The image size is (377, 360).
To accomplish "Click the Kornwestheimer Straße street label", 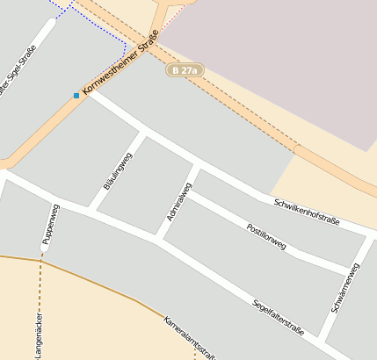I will pyautogui.click(x=120, y=64).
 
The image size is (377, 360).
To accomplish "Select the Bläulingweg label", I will pyautogui.click(x=116, y=170).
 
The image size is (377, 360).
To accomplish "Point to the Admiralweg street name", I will pyautogui.click(x=178, y=201).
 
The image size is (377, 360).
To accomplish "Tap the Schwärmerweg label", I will pyautogui.click(x=344, y=287).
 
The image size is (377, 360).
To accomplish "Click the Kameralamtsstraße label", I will pyautogui.click(x=189, y=336).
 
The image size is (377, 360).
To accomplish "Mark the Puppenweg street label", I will pyautogui.click(x=49, y=224).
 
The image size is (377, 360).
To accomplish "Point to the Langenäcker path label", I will pyautogui.click(x=37, y=334).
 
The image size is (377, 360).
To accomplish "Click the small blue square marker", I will pyautogui.click(x=76, y=95).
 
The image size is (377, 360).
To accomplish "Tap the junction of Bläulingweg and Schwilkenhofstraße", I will pyautogui.click(x=143, y=133).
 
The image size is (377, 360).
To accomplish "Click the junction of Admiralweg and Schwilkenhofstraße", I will pyautogui.click(x=197, y=164).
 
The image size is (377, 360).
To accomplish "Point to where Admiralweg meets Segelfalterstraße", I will pyautogui.click(x=158, y=240).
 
